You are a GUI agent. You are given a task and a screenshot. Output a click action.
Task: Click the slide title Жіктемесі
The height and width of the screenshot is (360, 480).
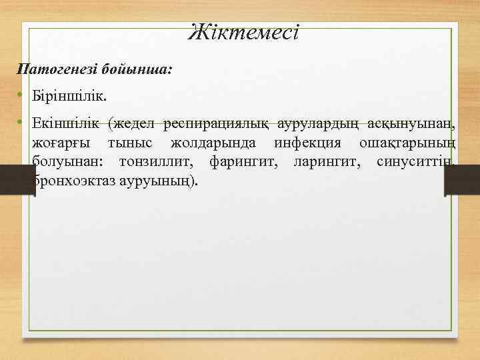(x=244, y=32)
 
